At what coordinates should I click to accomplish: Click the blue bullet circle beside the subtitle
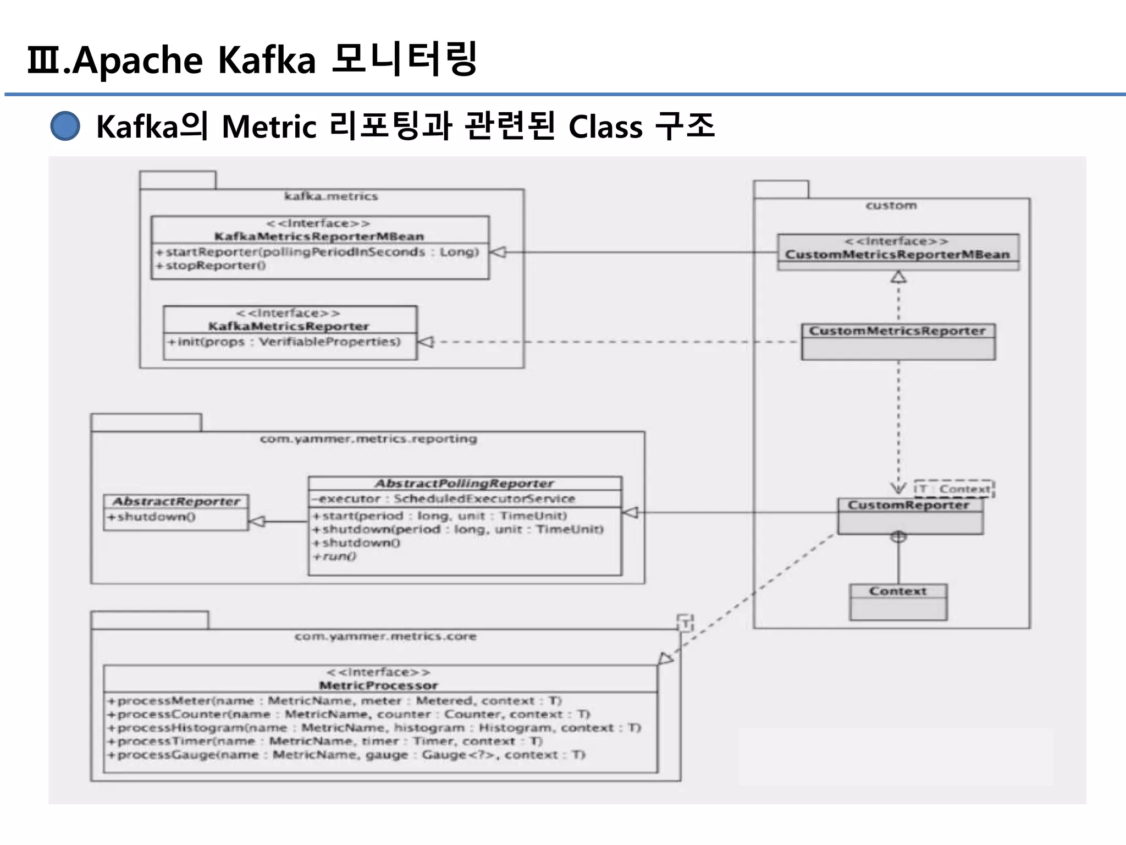[x=65, y=126]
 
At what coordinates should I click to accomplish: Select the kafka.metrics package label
[x=331, y=196]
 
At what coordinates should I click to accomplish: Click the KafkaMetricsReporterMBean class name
[x=319, y=237]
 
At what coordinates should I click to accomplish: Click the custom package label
[x=891, y=206]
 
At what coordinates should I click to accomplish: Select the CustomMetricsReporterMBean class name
[x=897, y=254]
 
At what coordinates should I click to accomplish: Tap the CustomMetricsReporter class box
[x=898, y=342]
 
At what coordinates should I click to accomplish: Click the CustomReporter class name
[x=908, y=505]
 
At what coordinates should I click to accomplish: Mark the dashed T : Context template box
[x=954, y=489]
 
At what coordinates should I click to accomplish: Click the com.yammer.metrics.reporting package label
[x=368, y=439]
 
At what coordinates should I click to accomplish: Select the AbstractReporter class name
[x=176, y=501]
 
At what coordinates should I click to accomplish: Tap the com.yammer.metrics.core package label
[x=385, y=637]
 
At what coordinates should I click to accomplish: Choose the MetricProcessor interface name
[x=378, y=685]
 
